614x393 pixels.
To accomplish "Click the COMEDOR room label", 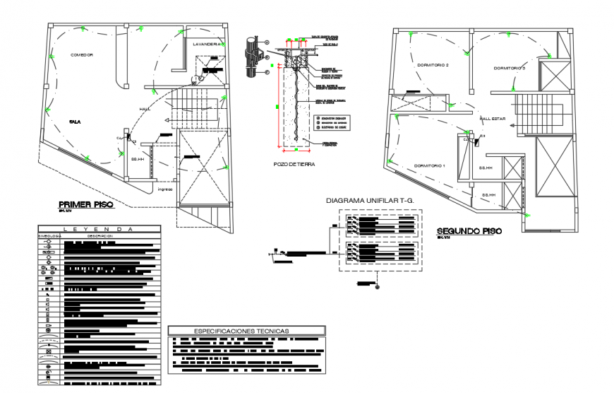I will click(x=82, y=54).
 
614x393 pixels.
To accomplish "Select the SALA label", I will click(x=74, y=122).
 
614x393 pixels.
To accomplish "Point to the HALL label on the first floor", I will click(x=145, y=108).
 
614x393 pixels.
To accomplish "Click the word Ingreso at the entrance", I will click(x=165, y=189).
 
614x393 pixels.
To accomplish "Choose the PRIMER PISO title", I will click(x=85, y=205).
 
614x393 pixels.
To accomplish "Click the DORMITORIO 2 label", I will click(x=433, y=65).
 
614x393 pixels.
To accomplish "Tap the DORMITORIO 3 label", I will click(x=510, y=68).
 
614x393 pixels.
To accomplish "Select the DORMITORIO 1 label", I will click(x=430, y=165).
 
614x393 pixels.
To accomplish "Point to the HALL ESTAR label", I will click(x=493, y=119).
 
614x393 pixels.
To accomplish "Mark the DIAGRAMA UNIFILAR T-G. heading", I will click(x=369, y=200).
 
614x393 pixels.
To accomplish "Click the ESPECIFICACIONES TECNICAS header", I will click(x=246, y=330).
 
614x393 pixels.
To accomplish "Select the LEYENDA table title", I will click(x=99, y=229).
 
